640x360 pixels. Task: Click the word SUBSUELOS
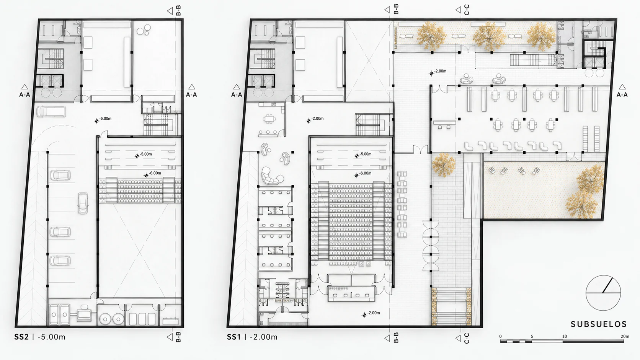[x=599, y=324]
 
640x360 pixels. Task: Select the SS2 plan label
[x=21, y=337]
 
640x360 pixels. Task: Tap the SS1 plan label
[x=234, y=337]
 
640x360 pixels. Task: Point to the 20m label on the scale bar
[x=625, y=336]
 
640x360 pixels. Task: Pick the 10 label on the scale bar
[x=564, y=336]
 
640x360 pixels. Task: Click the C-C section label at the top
[x=467, y=10]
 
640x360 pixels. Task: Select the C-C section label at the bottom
[x=467, y=338]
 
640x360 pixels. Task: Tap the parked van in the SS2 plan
[x=51, y=112]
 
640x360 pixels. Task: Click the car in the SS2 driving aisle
[x=83, y=203]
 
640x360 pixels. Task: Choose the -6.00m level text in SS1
[x=365, y=173]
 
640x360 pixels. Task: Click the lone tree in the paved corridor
[x=443, y=165]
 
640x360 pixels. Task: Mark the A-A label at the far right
[x=622, y=95]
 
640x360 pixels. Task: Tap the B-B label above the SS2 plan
[x=178, y=10]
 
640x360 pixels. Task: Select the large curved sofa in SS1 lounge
[x=272, y=176]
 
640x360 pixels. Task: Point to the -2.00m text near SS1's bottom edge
[x=374, y=313]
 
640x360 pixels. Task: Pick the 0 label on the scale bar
[x=500, y=336]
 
